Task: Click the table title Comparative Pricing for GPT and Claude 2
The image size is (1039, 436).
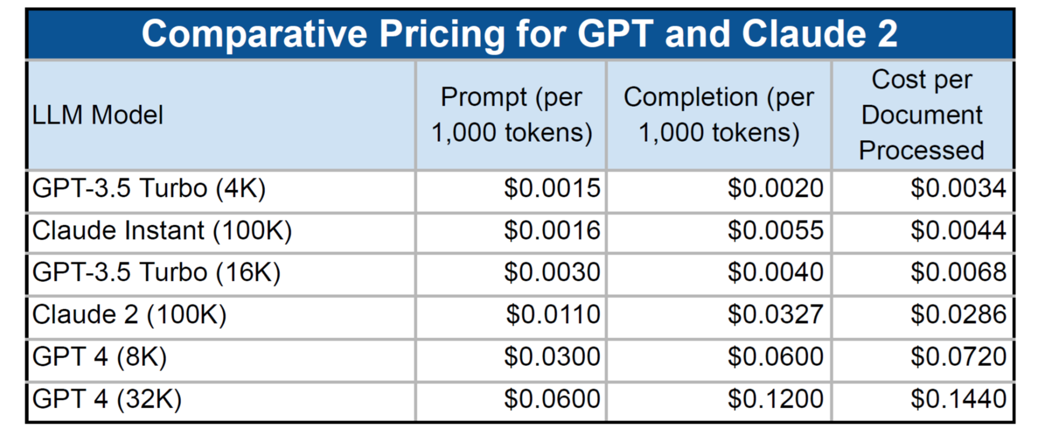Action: point(519,33)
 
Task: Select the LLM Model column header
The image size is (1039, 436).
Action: point(97,115)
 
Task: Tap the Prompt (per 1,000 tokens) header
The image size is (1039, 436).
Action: point(511,115)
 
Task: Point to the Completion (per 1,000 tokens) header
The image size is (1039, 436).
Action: point(718,115)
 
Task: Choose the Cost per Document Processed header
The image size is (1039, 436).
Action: point(922,115)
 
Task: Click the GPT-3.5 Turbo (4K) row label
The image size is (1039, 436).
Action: point(149,189)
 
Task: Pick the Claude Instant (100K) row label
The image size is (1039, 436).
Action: point(162,231)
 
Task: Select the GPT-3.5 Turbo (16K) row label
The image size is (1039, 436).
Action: point(156,272)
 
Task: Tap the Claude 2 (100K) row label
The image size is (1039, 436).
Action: point(130,315)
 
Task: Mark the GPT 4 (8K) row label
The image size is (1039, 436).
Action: point(100,356)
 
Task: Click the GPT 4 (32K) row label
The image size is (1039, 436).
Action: point(107,399)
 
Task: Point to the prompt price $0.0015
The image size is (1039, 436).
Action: point(552,189)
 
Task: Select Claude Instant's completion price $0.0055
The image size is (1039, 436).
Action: point(775,231)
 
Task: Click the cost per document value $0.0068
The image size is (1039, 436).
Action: point(958,272)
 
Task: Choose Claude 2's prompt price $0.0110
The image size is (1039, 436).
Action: point(553,315)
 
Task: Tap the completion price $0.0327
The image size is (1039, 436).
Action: point(775,315)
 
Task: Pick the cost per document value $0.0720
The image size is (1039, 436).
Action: point(958,356)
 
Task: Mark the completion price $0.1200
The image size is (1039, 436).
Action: point(775,399)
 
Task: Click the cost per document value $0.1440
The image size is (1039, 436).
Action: point(958,399)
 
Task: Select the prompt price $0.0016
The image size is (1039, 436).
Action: point(552,231)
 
